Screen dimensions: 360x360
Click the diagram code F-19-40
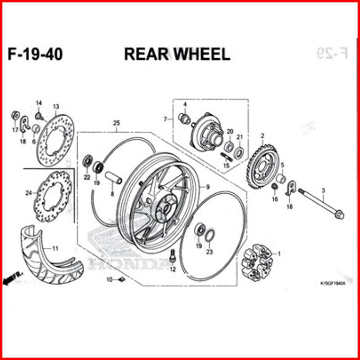tap(35, 54)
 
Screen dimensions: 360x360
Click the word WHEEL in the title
tap(201, 54)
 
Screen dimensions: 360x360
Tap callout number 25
tap(116, 124)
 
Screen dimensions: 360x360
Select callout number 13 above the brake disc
tap(55, 106)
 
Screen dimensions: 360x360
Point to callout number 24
tap(28, 193)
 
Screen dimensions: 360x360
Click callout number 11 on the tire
tap(55, 248)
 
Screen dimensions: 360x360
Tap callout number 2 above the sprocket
tap(262, 136)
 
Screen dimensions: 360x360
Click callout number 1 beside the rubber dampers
tap(279, 254)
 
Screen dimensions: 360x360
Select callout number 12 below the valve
tap(172, 269)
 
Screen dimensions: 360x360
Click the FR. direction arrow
tap(11, 280)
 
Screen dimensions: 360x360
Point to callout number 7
tap(165, 119)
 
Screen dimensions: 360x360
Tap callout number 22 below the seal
tap(87, 177)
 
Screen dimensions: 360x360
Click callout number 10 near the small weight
tap(109, 279)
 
